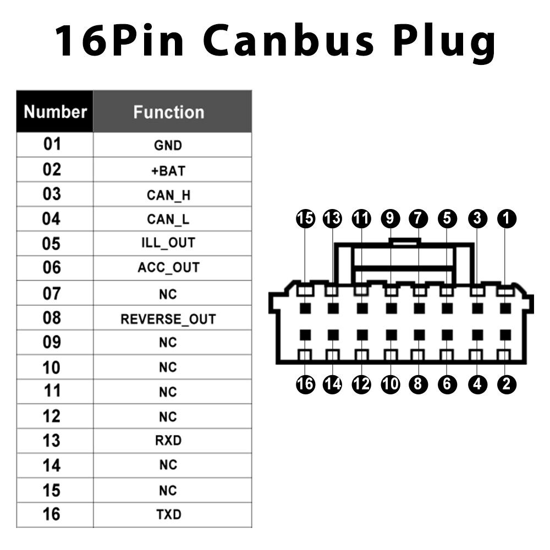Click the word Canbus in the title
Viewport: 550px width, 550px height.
pos(288,40)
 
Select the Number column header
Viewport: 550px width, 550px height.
pos(55,112)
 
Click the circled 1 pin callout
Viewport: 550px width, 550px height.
pos(507,218)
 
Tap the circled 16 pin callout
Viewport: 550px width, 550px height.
pos(305,384)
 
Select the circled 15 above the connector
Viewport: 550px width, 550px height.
pos(305,218)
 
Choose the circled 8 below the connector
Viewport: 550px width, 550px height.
pos(418,384)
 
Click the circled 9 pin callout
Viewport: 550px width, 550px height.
pos(390,218)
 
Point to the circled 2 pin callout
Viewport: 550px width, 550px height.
pos(507,384)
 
